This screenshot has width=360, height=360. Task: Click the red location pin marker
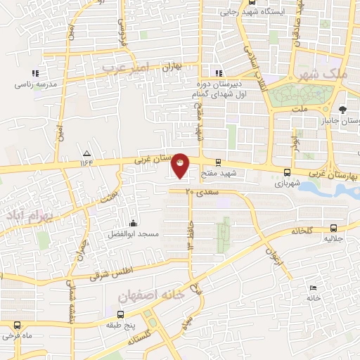[x=180, y=165]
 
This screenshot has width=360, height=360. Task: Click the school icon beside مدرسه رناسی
[x=34, y=73]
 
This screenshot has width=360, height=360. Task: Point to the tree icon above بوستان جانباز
[x=342, y=109]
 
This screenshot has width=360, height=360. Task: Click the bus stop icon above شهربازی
[x=287, y=172]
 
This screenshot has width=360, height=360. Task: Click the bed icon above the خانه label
[x=313, y=288]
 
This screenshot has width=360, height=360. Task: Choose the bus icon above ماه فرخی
[x=17, y=325]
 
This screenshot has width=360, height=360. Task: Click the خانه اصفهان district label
[x=151, y=296]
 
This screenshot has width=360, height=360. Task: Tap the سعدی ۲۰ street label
[x=203, y=191]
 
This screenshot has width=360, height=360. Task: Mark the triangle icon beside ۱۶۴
[x=87, y=153]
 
